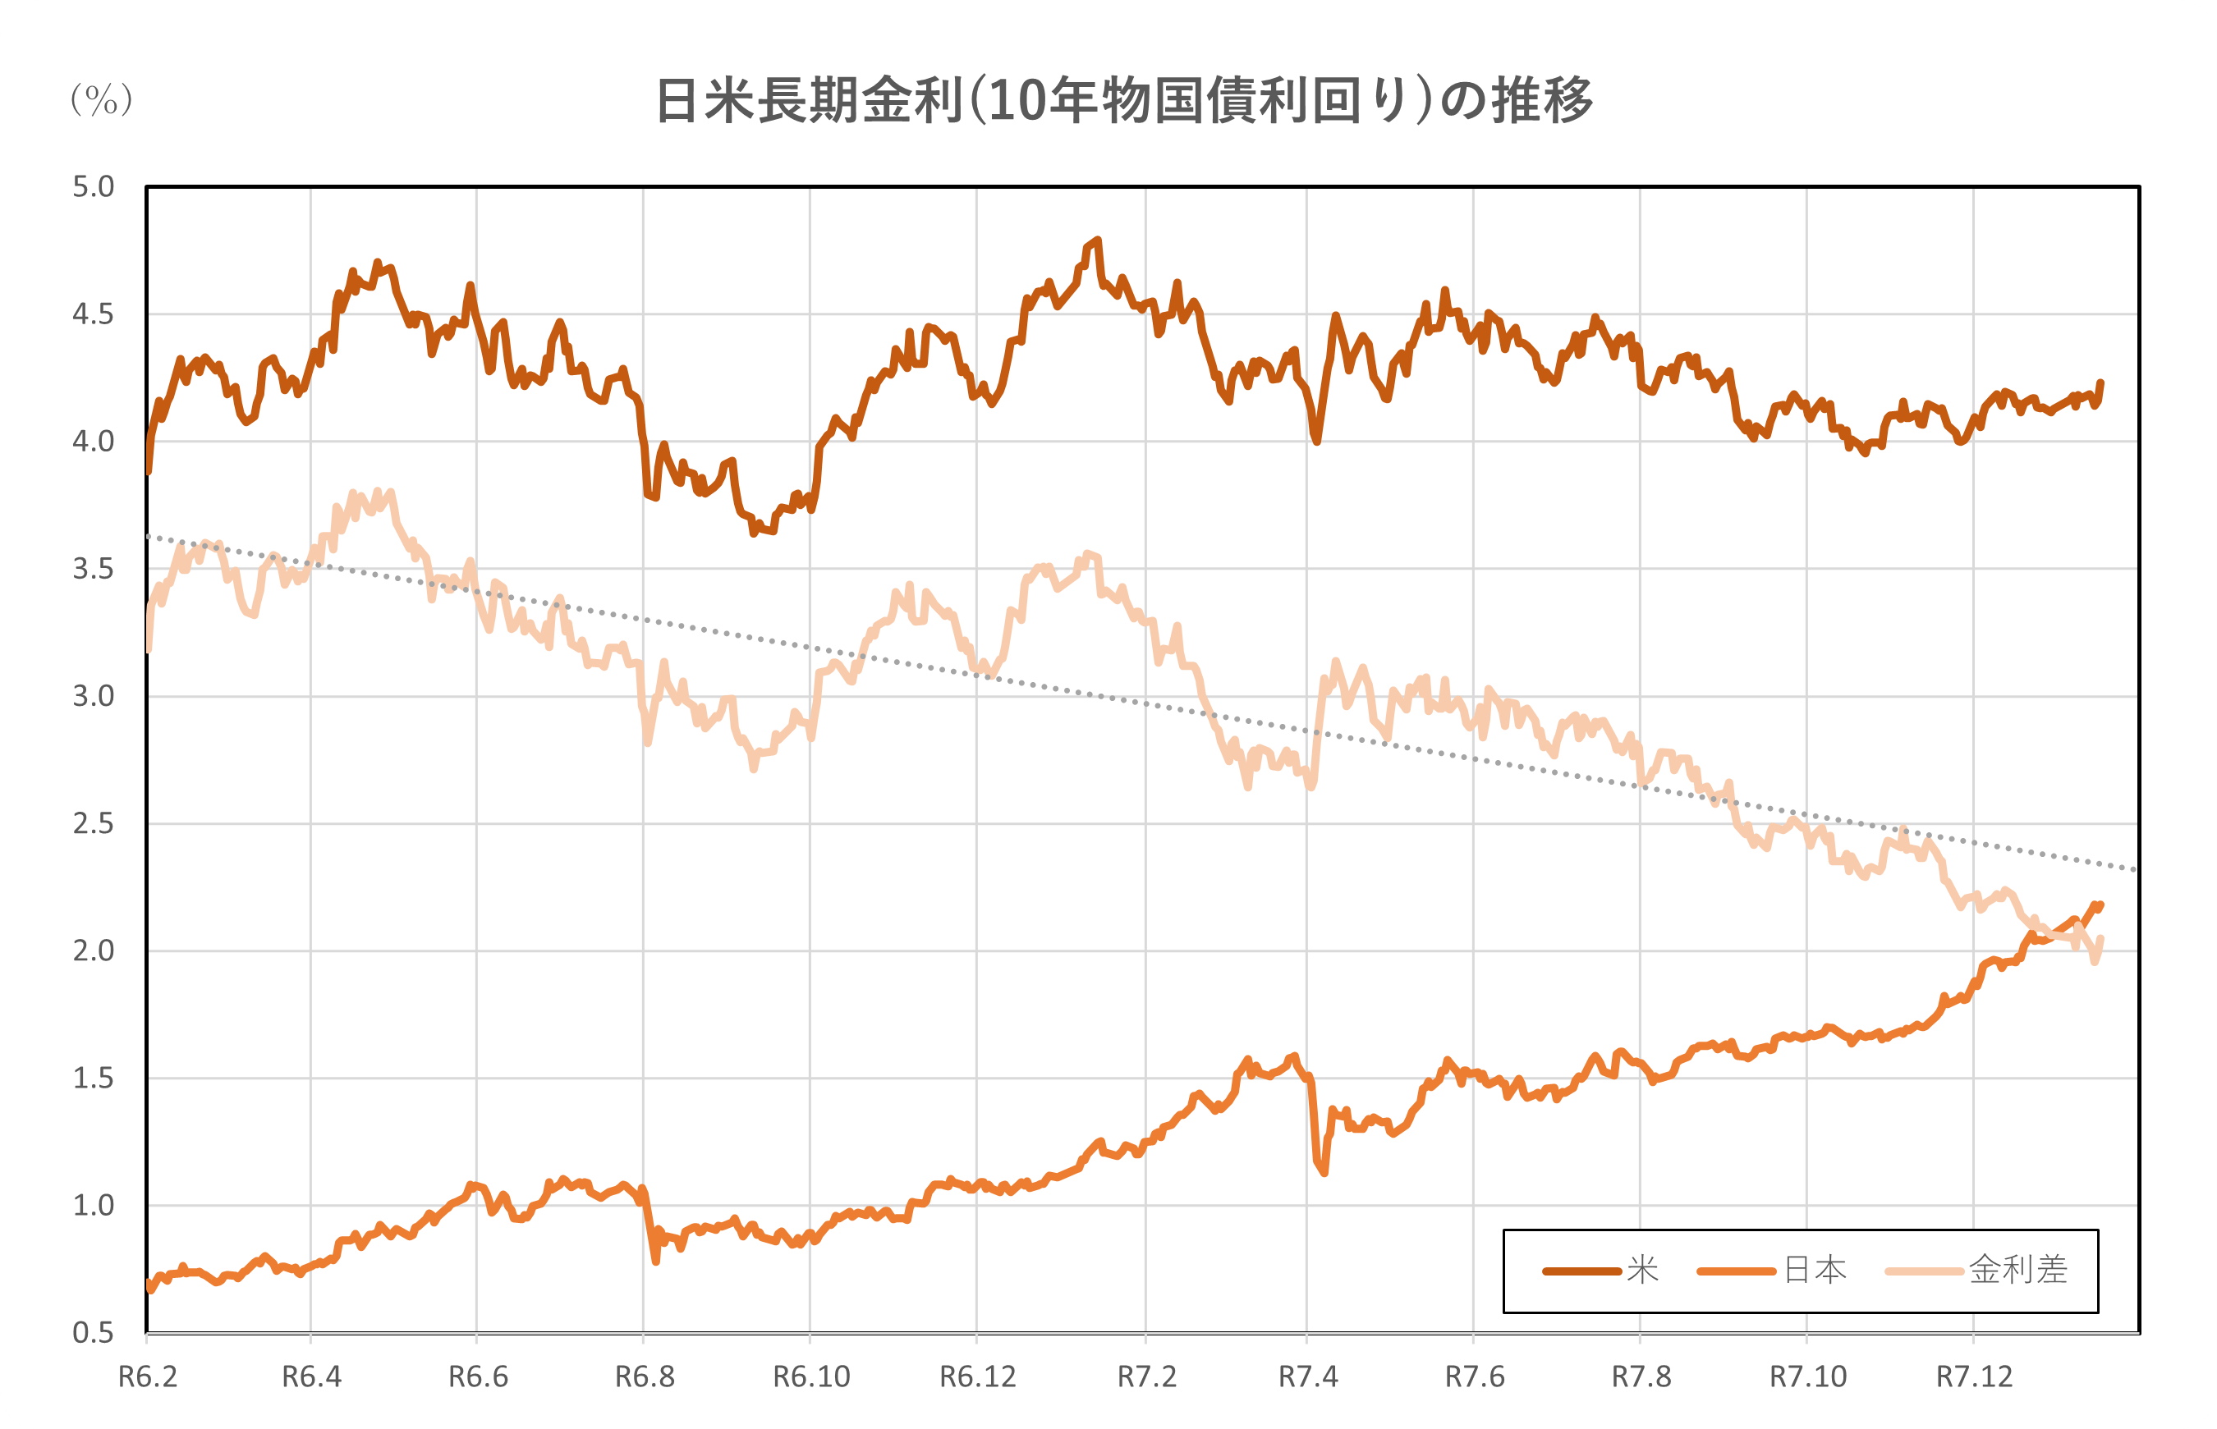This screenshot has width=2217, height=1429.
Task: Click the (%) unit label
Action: (x=101, y=99)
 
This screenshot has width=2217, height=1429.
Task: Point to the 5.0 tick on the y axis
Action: (x=93, y=186)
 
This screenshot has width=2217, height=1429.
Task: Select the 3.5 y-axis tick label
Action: (x=93, y=569)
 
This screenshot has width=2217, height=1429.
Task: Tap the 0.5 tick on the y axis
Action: (x=93, y=1332)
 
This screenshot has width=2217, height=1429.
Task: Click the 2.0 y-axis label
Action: (x=93, y=951)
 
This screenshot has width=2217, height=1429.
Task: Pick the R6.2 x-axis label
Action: (x=148, y=1376)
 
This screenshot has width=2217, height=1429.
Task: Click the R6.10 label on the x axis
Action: (x=811, y=1376)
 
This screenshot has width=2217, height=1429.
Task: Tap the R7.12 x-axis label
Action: (x=1974, y=1376)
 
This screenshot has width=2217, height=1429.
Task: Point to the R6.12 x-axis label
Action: (x=977, y=1376)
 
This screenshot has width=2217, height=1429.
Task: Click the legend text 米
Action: (x=1641, y=1270)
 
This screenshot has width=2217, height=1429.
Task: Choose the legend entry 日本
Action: (x=1815, y=1270)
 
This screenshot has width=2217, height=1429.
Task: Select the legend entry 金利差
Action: (x=2018, y=1270)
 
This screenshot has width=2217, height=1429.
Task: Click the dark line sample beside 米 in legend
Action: (x=1582, y=1271)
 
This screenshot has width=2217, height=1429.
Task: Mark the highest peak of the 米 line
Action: (x=1098, y=240)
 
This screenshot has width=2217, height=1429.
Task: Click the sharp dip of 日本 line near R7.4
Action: (x=1324, y=1173)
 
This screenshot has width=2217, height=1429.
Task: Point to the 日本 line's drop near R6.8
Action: (x=655, y=1261)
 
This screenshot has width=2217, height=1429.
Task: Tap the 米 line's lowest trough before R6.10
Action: (x=754, y=534)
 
